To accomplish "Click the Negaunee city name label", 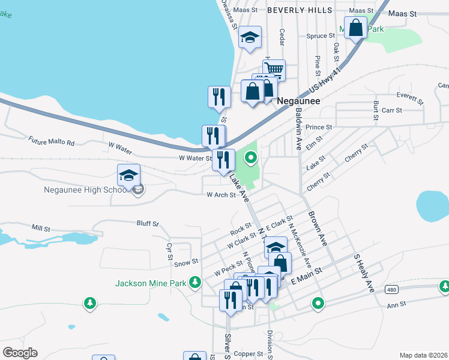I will click(298, 101).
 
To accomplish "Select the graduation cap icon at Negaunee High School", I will click(128, 175).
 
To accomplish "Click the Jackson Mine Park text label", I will click(150, 282).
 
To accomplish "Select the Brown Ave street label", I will click(317, 227).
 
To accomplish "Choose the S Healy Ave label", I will click(364, 272).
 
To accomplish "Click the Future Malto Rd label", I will click(51, 142).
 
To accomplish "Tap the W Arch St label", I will click(221, 195).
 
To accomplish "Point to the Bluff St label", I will click(147, 224).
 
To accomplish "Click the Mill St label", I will click(41, 228).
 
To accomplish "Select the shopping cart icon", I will click(274, 69).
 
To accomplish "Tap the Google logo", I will click(20, 352).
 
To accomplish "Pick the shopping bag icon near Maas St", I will click(355, 28).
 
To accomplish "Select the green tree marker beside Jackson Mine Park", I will click(194, 281).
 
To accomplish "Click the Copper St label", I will click(245, 354).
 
